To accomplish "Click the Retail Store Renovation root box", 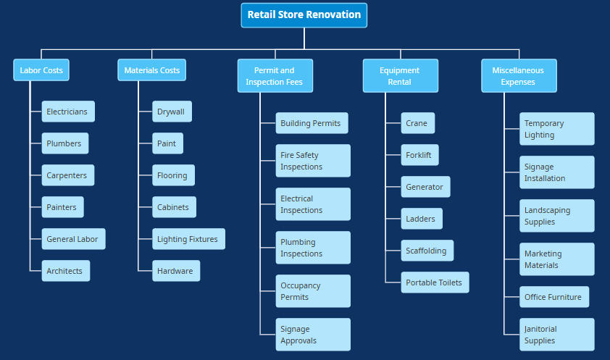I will pyautogui.click(x=304, y=15).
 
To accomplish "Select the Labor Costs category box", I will pyautogui.click(x=41, y=70).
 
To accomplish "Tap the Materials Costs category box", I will pyautogui.click(x=152, y=70).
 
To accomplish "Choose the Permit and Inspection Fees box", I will pyautogui.click(x=275, y=76).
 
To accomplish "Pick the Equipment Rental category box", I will pyautogui.click(x=400, y=76).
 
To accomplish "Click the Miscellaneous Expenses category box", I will pyautogui.click(x=519, y=76).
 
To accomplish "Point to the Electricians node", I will pyautogui.click(x=68, y=112).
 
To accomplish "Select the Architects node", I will pyautogui.click(x=65, y=271).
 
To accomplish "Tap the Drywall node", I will pyautogui.click(x=172, y=112).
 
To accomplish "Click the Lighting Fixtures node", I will pyautogui.click(x=188, y=239).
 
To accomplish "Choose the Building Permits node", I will pyautogui.click(x=312, y=123).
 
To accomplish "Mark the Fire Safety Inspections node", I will pyautogui.click(x=313, y=161).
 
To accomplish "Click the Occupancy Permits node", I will pyautogui.click(x=313, y=291).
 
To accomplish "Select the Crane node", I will pyautogui.click(x=417, y=123).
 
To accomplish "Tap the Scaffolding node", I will pyautogui.click(x=427, y=251).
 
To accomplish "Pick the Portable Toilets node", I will pyautogui.click(x=435, y=282).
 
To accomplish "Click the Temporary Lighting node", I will pyautogui.click(x=556, y=129).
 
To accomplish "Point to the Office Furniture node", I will pyautogui.click(x=554, y=297).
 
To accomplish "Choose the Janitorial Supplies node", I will pyautogui.click(x=556, y=335).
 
